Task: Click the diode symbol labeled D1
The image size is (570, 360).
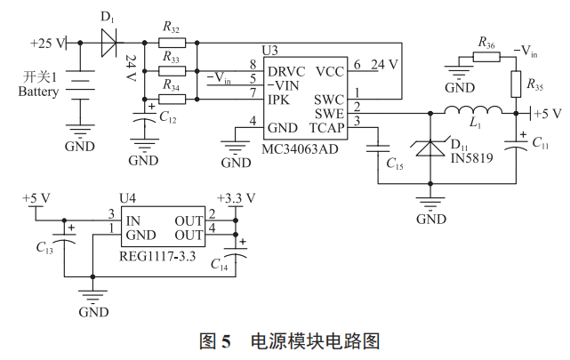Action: (109, 42)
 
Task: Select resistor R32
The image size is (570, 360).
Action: (173, 42)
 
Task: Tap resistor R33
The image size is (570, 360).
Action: (173, 69)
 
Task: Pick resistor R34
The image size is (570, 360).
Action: (173, 97)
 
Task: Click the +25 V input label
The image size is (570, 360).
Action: (49, 43)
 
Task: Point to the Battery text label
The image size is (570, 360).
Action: (37, 92)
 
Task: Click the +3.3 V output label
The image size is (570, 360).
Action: (236, 197)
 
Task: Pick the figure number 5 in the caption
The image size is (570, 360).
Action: (225, 340)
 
